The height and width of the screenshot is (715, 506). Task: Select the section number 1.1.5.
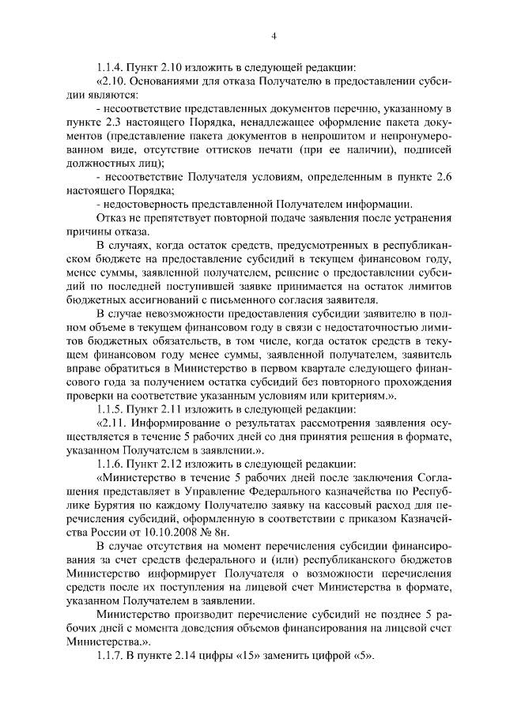click(111, 408)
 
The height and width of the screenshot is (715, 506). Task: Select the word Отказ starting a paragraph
click(112, 217)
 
